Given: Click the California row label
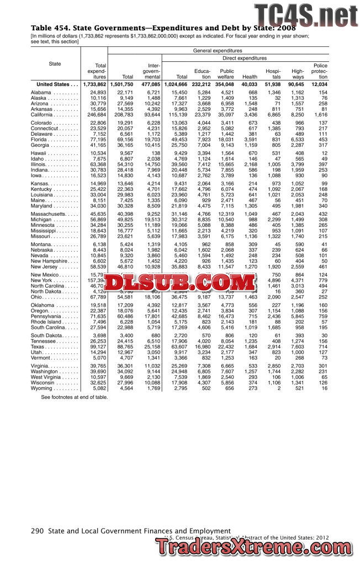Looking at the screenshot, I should coord(46,113).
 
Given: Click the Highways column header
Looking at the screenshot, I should coord(298,74).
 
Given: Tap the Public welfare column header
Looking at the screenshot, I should coord(226,74).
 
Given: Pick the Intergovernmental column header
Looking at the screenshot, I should coord(151,71).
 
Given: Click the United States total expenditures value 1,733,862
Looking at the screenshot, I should coord(94,84).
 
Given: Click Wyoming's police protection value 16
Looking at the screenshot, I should coord(324,388).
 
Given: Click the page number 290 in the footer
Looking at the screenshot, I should coord(37,531).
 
